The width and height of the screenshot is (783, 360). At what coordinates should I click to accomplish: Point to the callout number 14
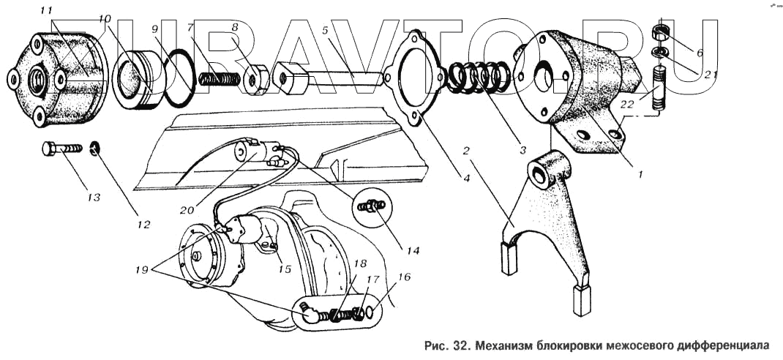(x=412, y=250)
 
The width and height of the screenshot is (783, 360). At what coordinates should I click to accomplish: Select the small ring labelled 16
(x=372, y=312)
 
